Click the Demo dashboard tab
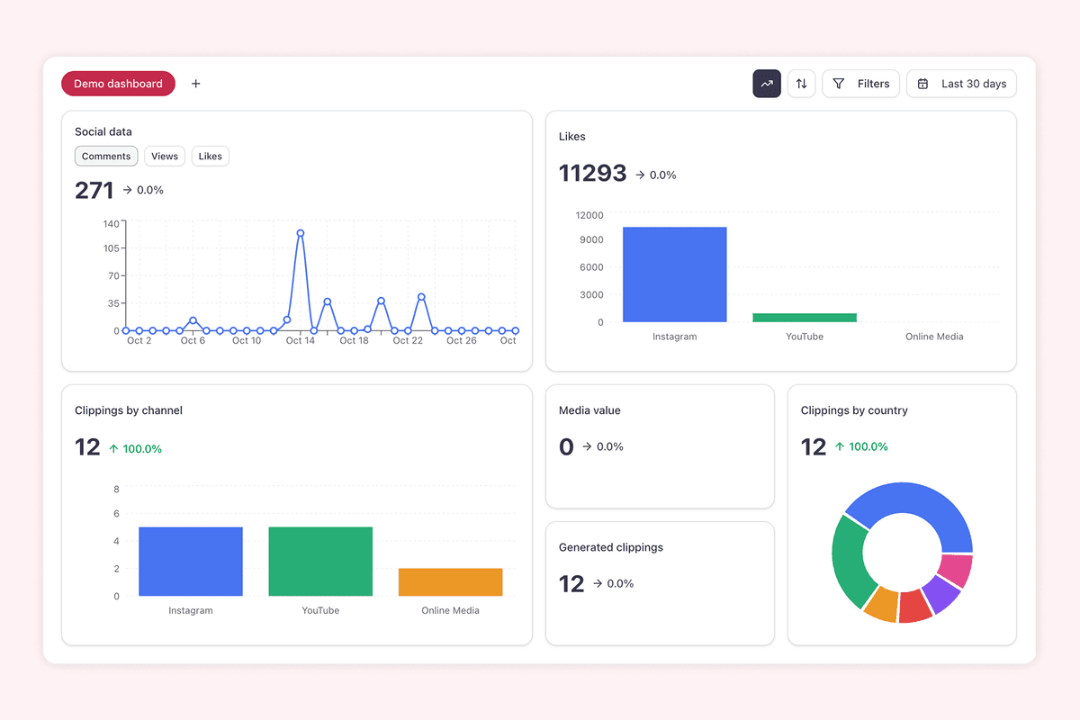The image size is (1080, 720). (x=118, y=84)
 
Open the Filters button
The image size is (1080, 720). (x=860, y=84)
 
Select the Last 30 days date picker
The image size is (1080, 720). (x=961, y=84)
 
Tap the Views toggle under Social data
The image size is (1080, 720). (x=165, y=157)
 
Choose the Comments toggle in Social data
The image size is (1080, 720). (x=106, y=157)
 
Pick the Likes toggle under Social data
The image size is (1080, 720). (x=211, y=157)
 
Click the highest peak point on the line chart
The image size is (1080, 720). (x=301, y=233)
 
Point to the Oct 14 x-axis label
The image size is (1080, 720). (x=301, y=341)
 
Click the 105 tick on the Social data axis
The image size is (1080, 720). (x=111, y=248)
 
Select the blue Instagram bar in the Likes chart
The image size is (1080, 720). (x=674, y=274)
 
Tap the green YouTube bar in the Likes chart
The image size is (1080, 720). (x=805, y=318)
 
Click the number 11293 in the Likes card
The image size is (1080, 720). (x=592, y=173)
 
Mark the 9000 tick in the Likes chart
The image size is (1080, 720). (x=590, y=239)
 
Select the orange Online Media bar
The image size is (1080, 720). (x=450, y=582)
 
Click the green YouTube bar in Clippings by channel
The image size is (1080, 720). (x=320, y=562)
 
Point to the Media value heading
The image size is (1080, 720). (x=589, y=410)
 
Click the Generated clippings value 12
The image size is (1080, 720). (x=571, y=584)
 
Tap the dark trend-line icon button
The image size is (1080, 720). (x=767, y=84)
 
